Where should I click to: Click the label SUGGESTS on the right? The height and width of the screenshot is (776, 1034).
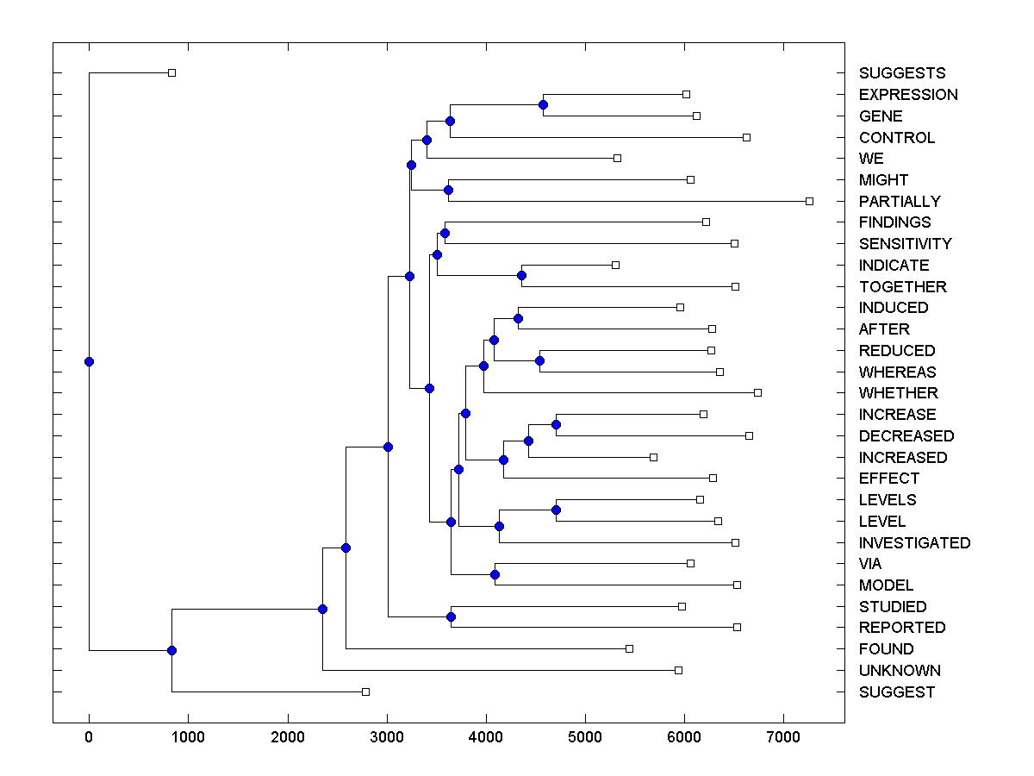click(902, 73)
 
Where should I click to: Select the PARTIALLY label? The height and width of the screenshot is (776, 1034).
click(900, 202)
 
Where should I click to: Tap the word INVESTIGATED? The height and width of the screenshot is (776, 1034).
click(914, 543)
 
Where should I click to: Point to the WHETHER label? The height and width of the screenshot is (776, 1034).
click(898, 393)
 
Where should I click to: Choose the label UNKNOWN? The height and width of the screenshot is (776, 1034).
click(900, 671)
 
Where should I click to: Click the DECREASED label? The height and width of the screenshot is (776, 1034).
click(906, 436)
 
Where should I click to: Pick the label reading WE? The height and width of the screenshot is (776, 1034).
click(871, 159)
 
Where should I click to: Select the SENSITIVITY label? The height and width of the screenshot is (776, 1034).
click(906, 244)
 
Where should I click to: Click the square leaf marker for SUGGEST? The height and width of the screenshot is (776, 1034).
click(365, 692)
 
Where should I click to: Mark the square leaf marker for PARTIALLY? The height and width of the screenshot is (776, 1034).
click(809, 201)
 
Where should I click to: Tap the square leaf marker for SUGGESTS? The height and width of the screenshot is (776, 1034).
click(171, 72)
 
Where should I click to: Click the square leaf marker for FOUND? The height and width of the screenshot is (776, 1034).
click(629, 648)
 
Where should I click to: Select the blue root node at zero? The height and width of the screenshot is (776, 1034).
click(89, 361)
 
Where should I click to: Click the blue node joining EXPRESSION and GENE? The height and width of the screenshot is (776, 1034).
click(543, 104)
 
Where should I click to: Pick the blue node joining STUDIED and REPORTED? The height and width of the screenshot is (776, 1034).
click(451, 616)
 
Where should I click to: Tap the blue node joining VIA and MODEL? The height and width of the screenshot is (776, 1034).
click(495, 574)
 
